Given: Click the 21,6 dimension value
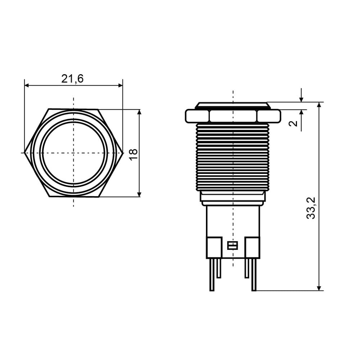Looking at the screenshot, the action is (72, 79).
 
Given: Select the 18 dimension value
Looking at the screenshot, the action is (134, 154).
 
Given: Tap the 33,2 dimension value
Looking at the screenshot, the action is (311, 208).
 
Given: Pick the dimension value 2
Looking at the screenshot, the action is (293, 123).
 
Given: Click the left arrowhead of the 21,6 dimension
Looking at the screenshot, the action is (27, 85).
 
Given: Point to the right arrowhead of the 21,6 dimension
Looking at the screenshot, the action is (120, 85).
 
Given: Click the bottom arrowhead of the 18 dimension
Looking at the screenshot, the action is (139, 194).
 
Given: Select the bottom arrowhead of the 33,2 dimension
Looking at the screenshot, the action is (319, 288).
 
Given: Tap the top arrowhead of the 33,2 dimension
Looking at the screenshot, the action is (319, 105).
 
